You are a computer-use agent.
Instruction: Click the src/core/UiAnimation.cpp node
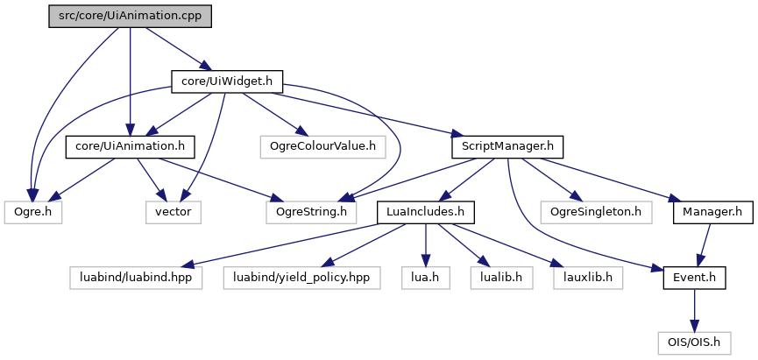(130, 16)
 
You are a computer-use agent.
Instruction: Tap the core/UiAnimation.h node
(130, 145)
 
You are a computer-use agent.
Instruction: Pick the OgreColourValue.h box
(322, 145)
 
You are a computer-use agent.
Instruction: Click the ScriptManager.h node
(507, 145)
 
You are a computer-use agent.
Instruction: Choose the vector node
(174, 211)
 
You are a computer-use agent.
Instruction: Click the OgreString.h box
(313, 211)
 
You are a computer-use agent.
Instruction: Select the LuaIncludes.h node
(426, 211)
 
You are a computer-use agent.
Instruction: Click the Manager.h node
(707, 211)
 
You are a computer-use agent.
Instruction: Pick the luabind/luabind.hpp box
(136, 278)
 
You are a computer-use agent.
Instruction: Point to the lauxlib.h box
(588, 278)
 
